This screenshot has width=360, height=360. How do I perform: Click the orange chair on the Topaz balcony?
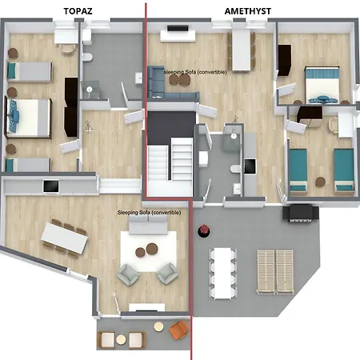coord(177,329)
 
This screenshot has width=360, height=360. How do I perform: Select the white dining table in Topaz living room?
coord(62,238)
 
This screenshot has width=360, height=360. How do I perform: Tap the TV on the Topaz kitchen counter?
coord(50,186)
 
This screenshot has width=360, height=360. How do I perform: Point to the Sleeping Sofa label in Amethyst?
coord(195,72)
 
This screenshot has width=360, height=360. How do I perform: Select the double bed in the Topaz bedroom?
coord(29,116)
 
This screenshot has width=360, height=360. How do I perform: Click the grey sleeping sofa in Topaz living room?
coord(149,227)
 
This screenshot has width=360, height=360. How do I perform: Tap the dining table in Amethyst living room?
coord(240,50)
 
